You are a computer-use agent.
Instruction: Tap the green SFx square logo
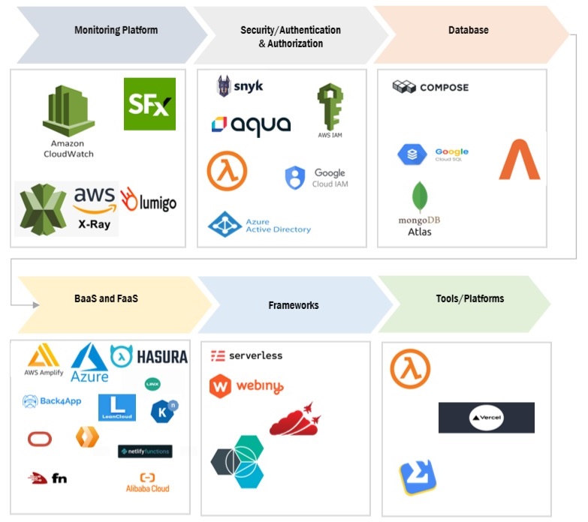click(x=149, y=103)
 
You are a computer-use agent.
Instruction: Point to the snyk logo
click(x=240, y=86)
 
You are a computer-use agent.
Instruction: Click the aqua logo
click(x=251, y=126)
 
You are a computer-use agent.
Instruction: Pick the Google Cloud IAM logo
click(x=316, y=178)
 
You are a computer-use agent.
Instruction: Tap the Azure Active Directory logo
click(x=259, y=225)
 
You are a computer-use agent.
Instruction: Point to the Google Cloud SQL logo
click(x=433, y=155)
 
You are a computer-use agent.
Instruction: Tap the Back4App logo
click(x=52, y=401)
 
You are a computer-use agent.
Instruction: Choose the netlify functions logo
click(x=145, y=451)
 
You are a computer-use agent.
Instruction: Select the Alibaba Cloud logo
click(x=147, y=482)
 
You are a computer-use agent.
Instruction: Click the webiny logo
click(x=246, y=387)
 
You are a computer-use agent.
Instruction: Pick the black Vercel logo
click(x=486, y=418)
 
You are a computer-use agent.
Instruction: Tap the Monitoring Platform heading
click(x=116, y=30)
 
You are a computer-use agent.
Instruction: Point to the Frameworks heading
click(x=293, y=305)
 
